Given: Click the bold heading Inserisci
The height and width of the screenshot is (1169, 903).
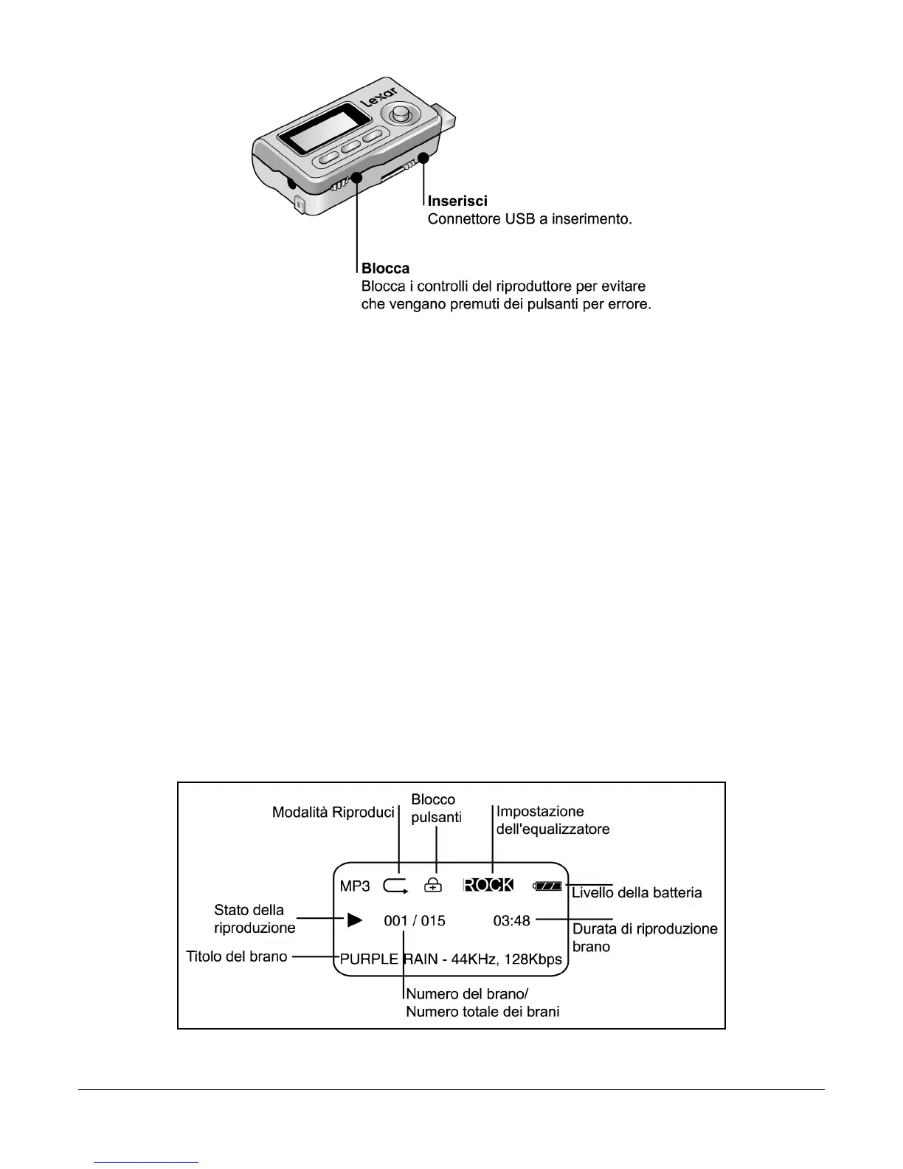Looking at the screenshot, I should [x=457, y=201].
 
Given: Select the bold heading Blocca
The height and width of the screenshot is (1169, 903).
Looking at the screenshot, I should [x=385, y=268].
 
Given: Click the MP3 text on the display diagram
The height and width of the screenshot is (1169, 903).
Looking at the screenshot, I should [x=355, y=886].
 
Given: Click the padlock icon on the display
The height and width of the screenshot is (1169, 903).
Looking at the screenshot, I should [x=434, y=885].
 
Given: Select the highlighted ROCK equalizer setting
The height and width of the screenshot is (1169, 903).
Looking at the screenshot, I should [x=488, y=885].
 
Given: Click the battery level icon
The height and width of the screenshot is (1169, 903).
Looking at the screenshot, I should [x=548, y=886].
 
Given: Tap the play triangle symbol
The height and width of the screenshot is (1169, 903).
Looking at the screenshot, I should [x=355, y=920].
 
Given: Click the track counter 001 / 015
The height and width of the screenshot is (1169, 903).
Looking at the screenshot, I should [x=415, y=920].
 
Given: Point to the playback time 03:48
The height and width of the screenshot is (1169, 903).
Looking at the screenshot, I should [x=511, y=920].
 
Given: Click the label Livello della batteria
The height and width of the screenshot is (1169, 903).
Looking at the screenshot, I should [x=637, y=893].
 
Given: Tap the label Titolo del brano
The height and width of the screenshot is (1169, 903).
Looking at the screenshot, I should [x=237, y=956].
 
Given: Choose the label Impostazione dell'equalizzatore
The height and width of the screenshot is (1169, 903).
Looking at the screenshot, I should [x=553, y=820].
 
